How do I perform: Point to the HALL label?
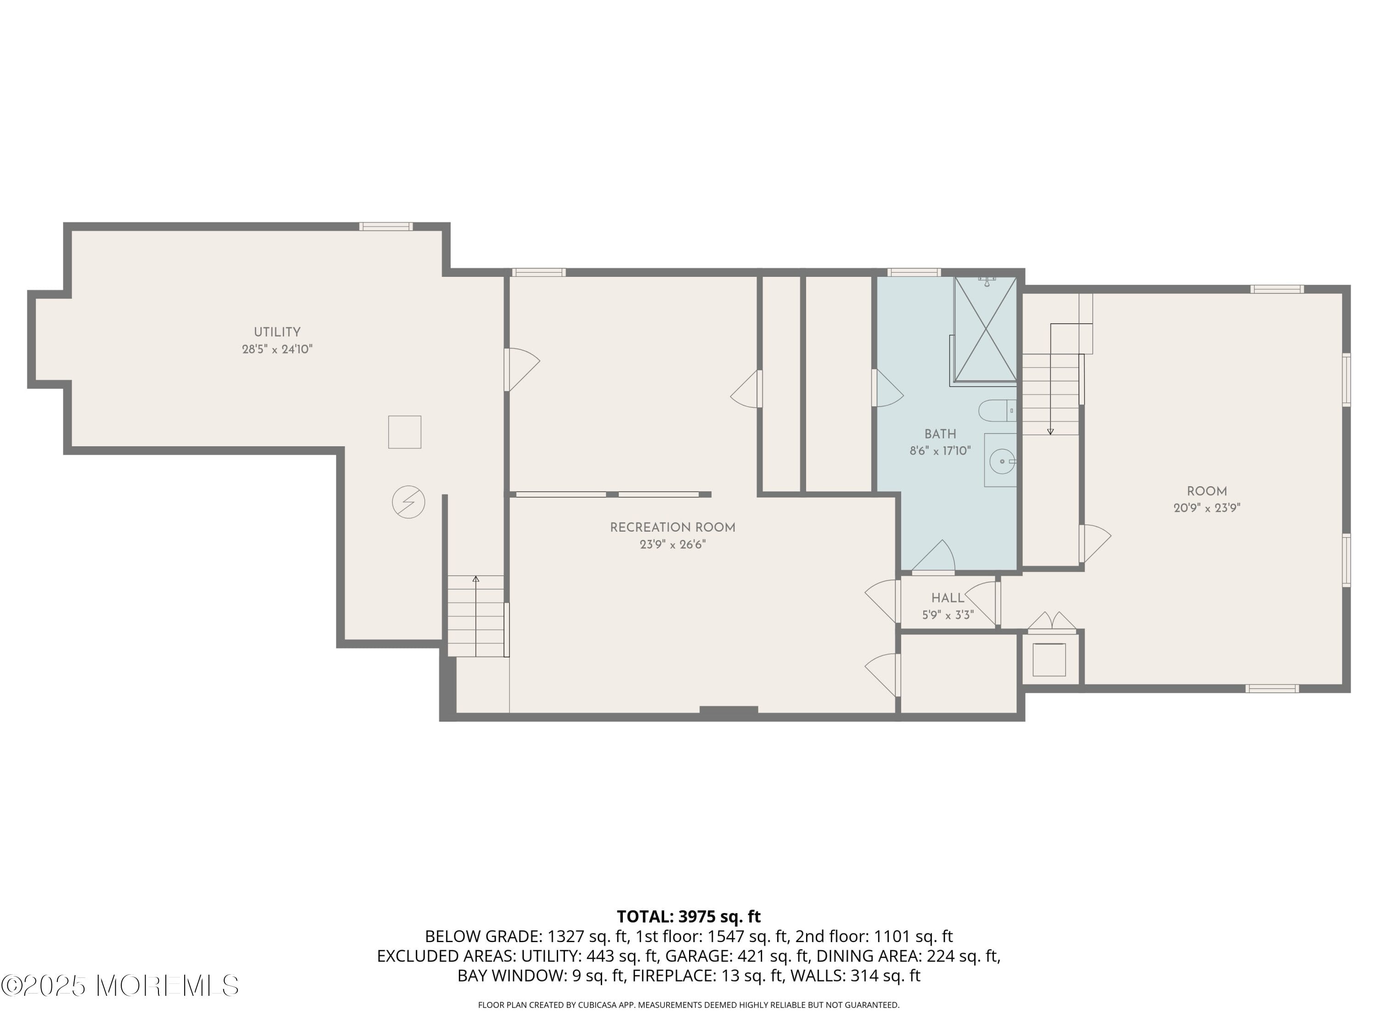(948, 598)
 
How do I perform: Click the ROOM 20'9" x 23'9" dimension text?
(1207, 508)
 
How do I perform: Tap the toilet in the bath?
(995, 411)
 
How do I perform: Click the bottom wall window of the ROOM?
(1272, 688)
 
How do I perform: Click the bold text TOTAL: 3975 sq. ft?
(689, 916)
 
